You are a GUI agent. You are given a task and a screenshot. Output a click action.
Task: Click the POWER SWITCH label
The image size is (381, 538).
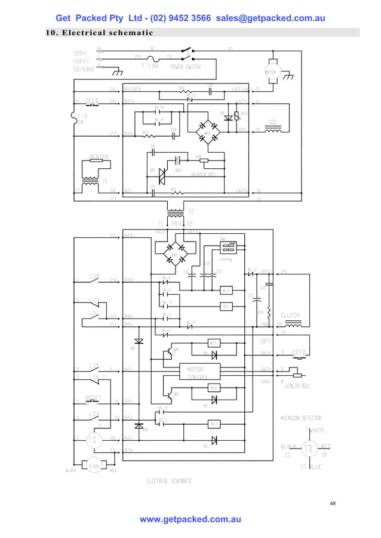pos(185,67)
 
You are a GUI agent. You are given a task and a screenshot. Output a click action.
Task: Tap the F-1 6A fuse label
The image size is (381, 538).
pos(150,67)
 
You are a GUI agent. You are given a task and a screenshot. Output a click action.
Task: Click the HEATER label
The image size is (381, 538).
pos(99,157)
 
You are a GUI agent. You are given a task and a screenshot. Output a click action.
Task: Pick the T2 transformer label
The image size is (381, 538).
pos(191,211)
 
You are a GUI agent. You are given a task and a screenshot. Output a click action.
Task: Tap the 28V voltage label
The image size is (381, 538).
pos(176,223)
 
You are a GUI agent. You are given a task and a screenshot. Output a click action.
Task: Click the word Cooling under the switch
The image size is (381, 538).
pos(225,259)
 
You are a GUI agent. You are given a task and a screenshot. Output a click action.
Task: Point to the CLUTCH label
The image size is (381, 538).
pos(290,316)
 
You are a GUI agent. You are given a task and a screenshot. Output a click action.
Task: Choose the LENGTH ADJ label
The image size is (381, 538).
pos(296,387)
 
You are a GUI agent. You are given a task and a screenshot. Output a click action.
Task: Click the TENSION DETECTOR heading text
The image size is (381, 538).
pos(301,418)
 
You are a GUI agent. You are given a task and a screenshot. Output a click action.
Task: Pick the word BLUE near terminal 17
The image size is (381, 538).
pos(315,467)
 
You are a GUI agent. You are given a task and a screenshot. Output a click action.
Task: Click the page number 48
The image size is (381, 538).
pos(333,503)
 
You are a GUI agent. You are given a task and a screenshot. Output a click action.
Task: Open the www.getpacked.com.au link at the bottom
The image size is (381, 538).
pos(190,520)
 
